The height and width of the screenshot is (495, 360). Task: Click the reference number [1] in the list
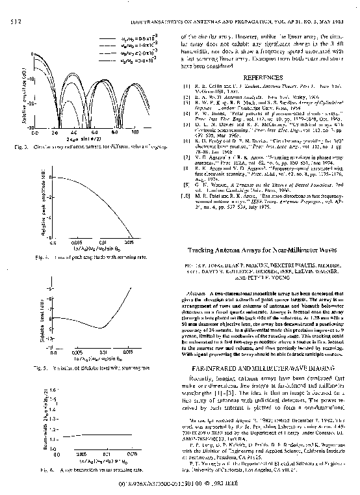click(186, 85)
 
